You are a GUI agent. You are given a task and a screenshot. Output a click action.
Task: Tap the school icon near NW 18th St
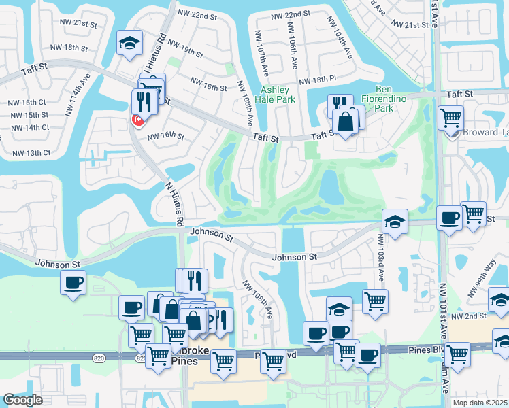[129, 44]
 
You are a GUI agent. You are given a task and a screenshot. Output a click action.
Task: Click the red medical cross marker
[137, 120]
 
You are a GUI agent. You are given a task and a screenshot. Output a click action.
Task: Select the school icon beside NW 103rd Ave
[395, 222]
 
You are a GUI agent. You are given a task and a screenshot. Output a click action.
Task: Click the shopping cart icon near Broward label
[450, 118]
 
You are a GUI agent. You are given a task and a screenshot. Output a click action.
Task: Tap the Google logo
[23, 400]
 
